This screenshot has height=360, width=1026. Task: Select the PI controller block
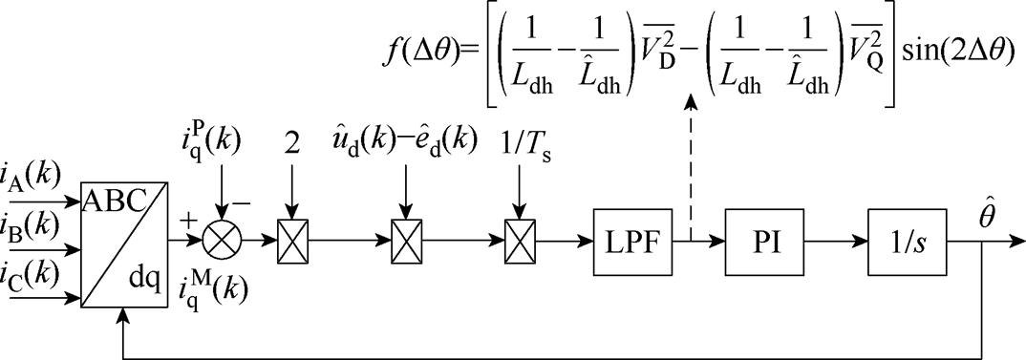764,244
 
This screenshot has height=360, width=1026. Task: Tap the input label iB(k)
37,230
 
